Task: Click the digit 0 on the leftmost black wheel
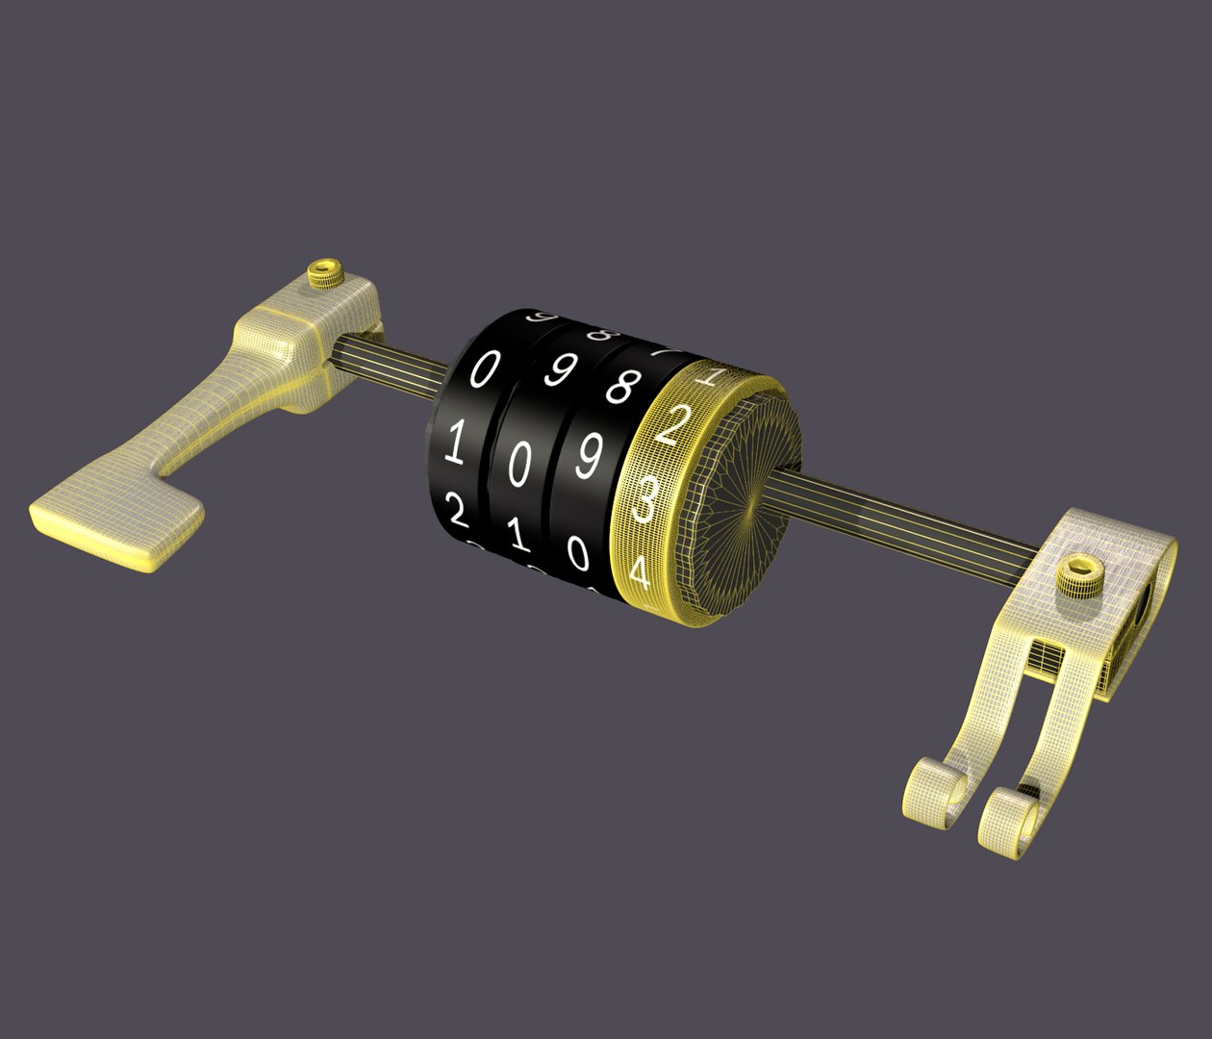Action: (x=486, y=368)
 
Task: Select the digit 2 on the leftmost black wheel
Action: (x=458, y=513)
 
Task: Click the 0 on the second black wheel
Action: (x=518, y=467)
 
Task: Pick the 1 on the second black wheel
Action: (x=519, y=534)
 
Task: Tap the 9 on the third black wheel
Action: (x=588, y=458)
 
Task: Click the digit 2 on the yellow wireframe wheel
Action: (x=674, y=423)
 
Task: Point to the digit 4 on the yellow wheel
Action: (x=638, y=574)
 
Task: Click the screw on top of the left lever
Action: (x=324, y=272)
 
